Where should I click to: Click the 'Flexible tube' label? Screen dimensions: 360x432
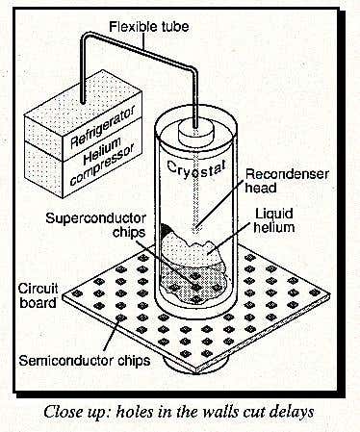pos(149,27)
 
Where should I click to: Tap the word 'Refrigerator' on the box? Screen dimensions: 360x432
pos(102,127)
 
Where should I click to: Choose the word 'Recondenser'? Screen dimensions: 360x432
pos(287,174)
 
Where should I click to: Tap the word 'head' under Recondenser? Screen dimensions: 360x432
pos(261,189)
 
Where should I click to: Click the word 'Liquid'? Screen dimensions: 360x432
pos(273,215)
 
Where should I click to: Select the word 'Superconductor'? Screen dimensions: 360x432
pos(95,218)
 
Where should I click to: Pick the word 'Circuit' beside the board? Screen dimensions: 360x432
pos(38,289)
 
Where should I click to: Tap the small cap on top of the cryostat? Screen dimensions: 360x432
pos(195,134)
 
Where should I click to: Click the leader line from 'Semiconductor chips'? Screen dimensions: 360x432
pos(112,334)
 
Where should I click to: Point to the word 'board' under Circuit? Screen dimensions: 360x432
pos(38,303)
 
